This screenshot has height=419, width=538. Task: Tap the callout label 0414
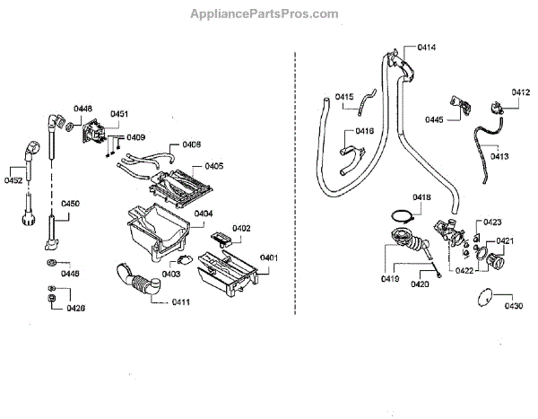(x=427, y=47)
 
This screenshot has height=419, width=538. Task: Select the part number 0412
(x=521, y=92)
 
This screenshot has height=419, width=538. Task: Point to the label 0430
(x=514, y=306)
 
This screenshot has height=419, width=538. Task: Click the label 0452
(x=13, y=180)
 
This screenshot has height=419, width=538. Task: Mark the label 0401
(x=269, y=258)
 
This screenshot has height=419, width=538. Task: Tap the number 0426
(x=76, y=308)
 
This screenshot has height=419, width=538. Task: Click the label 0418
(x=422, y=196)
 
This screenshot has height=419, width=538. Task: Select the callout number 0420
(x=420, y=284)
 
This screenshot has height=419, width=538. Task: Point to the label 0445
(x=435, y=119)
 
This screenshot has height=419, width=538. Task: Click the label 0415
(x=345, y=97)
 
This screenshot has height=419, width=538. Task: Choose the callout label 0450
(x=71, y=204)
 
